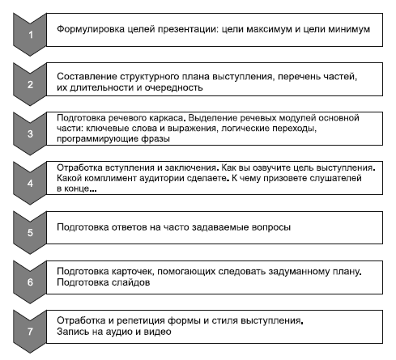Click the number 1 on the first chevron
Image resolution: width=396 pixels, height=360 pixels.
[x=31, y=35]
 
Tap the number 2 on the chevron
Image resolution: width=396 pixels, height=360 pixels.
[x=30, y=84]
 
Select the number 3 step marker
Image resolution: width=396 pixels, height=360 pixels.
[x=30, y=133]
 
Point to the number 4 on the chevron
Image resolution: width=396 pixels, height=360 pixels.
[x=30, y=184]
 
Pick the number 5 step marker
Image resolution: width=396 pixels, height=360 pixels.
[x=30, y=233]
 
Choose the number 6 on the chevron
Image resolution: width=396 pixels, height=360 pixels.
[x=30, y=282]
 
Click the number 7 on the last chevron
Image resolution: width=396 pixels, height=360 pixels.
[x=30, y=332]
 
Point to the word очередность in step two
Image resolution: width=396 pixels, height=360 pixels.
[x=173, y=87]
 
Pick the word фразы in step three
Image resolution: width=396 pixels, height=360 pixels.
[x=155, y=139]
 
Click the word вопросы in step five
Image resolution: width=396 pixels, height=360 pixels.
[x=270, y=227]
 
